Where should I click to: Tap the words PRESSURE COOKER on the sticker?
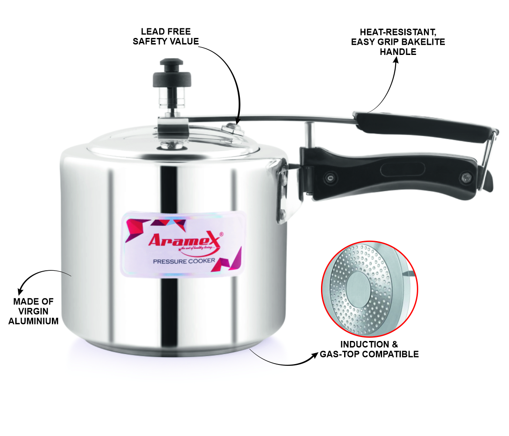[x=184, y=261]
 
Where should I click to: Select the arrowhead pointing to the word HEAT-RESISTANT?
[x=396, y=61]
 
